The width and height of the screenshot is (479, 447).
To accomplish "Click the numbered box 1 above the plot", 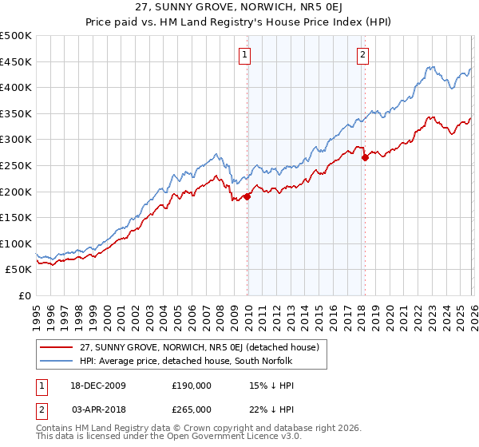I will tap(243, 55).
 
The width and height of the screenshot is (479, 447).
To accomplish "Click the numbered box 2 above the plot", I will tap(362, 55).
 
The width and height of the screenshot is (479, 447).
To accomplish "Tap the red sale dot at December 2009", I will tap(247, 196).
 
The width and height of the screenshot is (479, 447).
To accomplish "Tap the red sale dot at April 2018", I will tap(365, 158).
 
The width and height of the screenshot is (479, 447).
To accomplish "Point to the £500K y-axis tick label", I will tap(16, 36).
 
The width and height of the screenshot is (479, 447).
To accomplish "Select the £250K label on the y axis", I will tap(16, 165).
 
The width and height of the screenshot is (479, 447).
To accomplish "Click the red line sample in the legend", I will tap(57, 347).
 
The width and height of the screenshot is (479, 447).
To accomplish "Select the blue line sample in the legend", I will tap(57, 361).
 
